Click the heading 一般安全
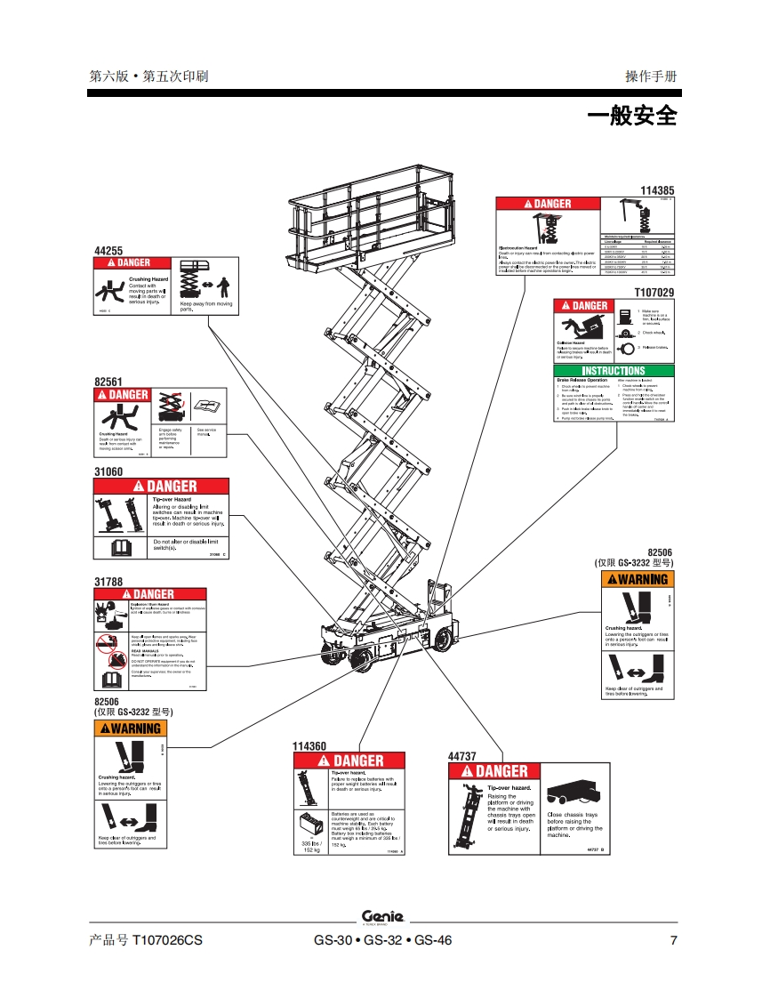click(632, 116)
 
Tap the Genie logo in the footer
click(382, 916)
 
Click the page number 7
click(673, 940)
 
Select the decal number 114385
click(657, 190)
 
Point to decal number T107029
click(654, 293)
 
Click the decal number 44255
click(108, 251)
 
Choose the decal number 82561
click(108, 381)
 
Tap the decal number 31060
click(108, 472)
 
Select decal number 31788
click(108, 582)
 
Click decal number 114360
click(309, 745)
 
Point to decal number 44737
click(463, 756)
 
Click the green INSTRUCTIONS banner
click(613, 371)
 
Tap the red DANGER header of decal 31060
click(162, 487)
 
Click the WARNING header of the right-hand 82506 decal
click(637, 579)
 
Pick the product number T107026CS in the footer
click(140, 940)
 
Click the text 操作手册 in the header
click(651, 76)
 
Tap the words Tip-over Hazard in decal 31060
click(172, 500)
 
